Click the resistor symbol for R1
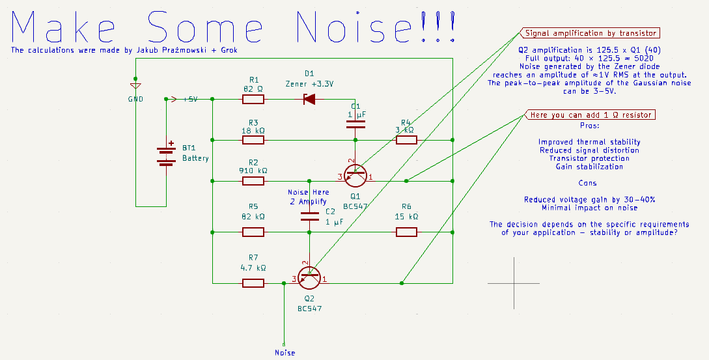[253, 100]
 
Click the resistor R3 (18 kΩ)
[253, 140]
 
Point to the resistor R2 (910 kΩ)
[253, 180]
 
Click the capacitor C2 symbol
[309, 217]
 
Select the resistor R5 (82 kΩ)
[253, 232]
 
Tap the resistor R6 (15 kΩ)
[406, 232]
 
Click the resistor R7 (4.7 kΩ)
[253, 283]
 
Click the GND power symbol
[135, 87]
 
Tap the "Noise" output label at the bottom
[285, 353]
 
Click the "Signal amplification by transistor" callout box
[589, 33]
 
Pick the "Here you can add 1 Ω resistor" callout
[589, 115]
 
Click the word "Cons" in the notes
[589, 183]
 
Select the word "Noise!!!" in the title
[374, 27]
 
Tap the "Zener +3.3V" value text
[309, 83]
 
